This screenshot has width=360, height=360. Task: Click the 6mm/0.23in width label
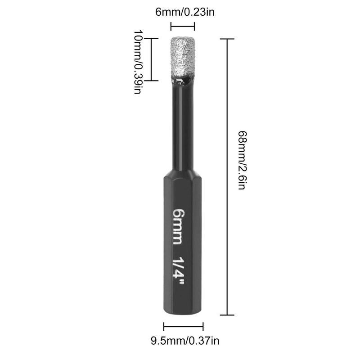pyautogui.click(x=185, y=12)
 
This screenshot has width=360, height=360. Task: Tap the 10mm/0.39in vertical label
pyautogui.click(x=138, y=62)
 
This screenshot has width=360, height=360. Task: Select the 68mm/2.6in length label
pyautogui.click(x=242, y=160)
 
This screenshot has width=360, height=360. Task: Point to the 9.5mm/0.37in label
pyautogui.click(x=185, y=341)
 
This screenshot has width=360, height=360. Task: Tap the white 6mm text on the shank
pyautogui.click(x=178, y=227)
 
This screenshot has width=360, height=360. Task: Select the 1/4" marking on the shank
pyautogui.click(x=178, y=270)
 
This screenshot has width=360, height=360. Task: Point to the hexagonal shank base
pyautogui.click(x=183, y=243)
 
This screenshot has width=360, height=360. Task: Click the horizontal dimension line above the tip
pyautogui.click(x=183, y=27)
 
